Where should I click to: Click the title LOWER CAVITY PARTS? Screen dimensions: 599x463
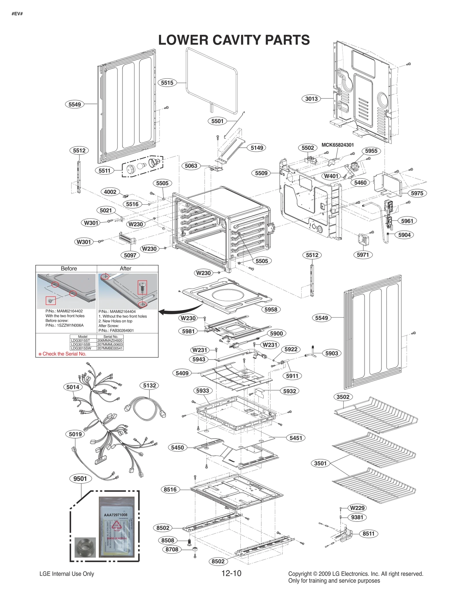pos(234,40)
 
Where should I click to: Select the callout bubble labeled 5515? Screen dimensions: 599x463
pos(167,83)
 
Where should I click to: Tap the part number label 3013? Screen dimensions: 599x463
pos(311,99)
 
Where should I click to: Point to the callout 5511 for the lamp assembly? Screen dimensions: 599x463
pos(104,171)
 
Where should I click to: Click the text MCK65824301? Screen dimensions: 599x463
pos(337,145)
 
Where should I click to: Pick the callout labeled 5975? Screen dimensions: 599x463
pos(417,193)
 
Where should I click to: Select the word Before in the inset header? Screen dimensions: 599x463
pos(69,268)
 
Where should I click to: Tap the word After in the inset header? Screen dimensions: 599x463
pos(125,268)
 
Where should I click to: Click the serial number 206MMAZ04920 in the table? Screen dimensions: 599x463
pos(110,340)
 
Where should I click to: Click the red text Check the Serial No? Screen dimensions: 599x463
pos(64,354)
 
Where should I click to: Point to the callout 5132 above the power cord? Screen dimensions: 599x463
pos(150,385)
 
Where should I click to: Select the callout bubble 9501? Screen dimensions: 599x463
pos(80,478)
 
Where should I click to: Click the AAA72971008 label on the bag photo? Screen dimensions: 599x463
pos(115,515)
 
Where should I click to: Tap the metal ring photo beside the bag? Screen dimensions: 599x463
pos(85,547)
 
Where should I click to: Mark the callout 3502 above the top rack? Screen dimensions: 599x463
pos(343,397)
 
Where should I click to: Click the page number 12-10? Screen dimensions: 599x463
pos(231,573)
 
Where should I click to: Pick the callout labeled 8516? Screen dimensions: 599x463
pos(170,489)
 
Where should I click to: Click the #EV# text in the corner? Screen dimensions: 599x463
pos(17,14)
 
